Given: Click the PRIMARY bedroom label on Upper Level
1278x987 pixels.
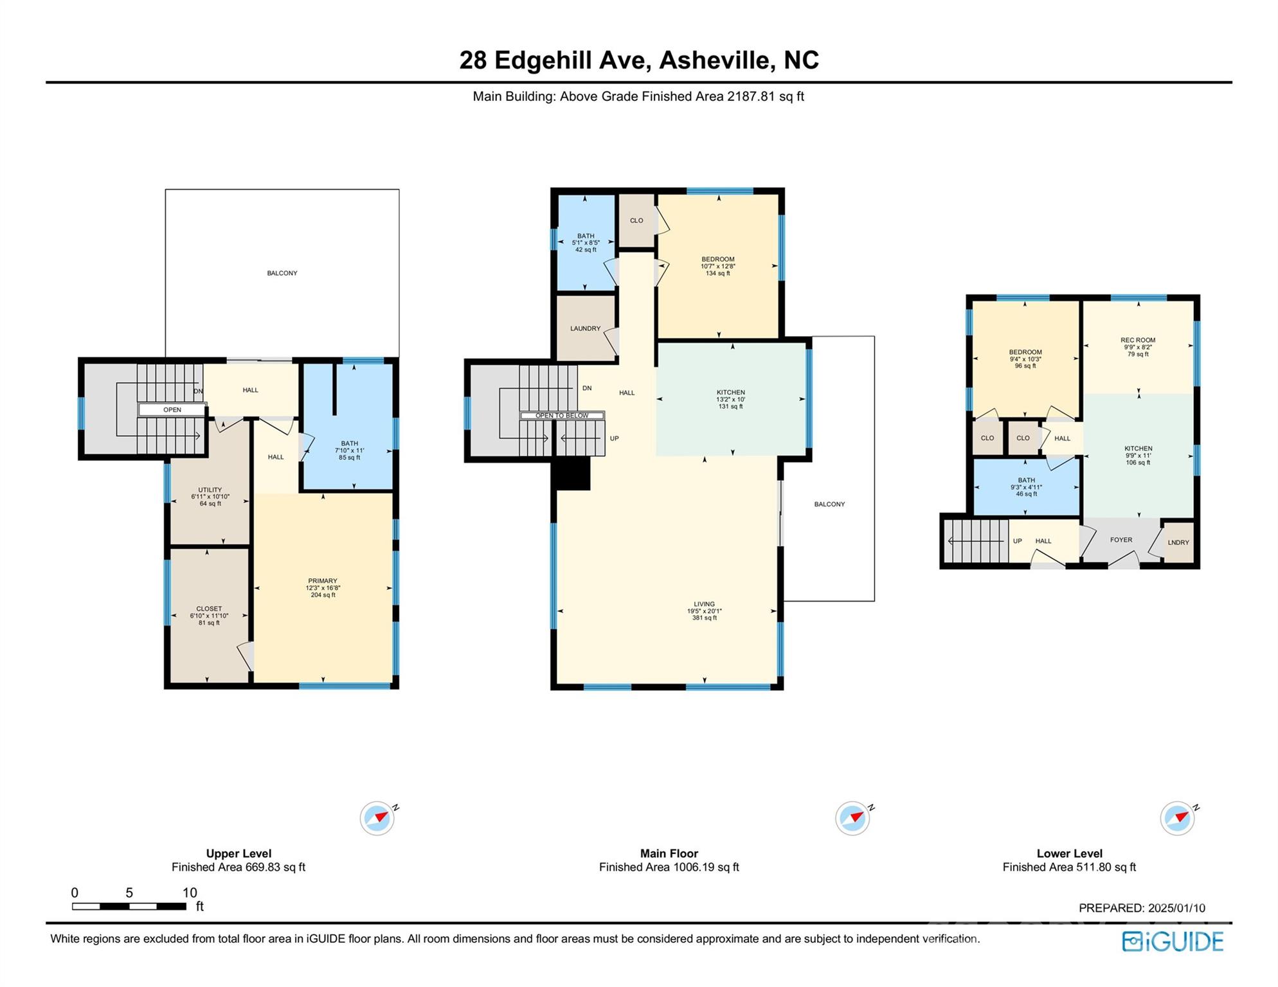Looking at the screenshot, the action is [323, 581].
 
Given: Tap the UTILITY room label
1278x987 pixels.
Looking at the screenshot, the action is [210, 490].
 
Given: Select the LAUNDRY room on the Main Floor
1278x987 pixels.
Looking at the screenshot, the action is [585, 328].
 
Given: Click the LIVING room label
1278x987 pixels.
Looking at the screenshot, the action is [705, 604].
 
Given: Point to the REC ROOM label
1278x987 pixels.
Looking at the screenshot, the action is [1138, 340].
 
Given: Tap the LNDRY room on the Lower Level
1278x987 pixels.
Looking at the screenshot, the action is [1178, 542].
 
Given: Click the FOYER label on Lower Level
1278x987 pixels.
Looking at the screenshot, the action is [1121, 540].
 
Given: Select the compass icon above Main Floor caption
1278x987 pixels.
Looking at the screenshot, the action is [852, 818].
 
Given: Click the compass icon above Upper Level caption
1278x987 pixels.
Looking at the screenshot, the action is [377, 818].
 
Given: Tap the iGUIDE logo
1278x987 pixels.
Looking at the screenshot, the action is [1173, 941].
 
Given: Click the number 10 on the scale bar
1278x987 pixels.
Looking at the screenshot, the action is [190, 893].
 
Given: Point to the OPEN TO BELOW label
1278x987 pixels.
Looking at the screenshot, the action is [562, 416].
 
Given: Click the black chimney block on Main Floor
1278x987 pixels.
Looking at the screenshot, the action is [572, 474].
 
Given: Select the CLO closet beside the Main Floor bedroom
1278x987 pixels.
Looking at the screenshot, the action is [636, 220].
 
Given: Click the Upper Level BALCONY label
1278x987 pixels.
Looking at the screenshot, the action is [282, 273].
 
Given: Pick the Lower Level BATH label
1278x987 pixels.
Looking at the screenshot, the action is [1027, 480].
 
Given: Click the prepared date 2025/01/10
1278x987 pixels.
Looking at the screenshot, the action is [1177, 908].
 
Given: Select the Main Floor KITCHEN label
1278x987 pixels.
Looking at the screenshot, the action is [731, 392].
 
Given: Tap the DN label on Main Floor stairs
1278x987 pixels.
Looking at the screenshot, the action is [587, 388].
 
